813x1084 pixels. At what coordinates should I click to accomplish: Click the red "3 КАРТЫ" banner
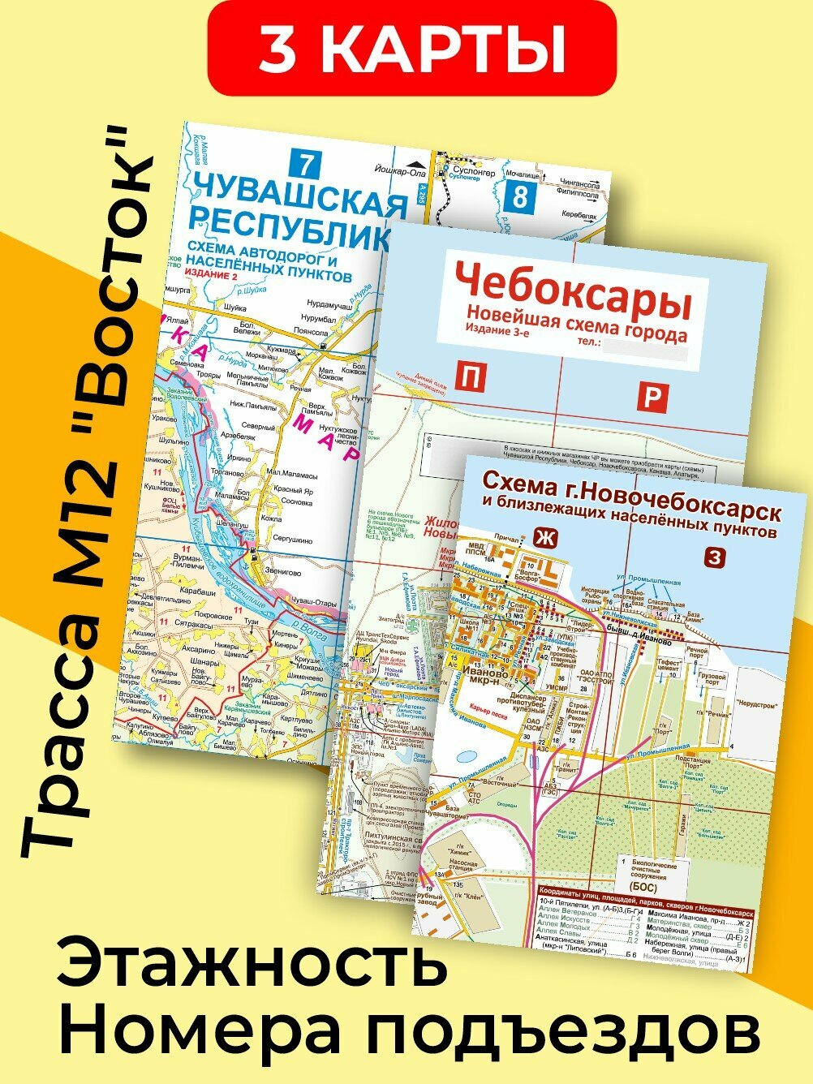tap(411, 48)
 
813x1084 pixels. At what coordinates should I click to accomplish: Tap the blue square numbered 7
tap(305, 164)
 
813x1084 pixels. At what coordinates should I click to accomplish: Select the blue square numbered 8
tap(519, 197)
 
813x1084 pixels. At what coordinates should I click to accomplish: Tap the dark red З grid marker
tap(714, 557)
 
